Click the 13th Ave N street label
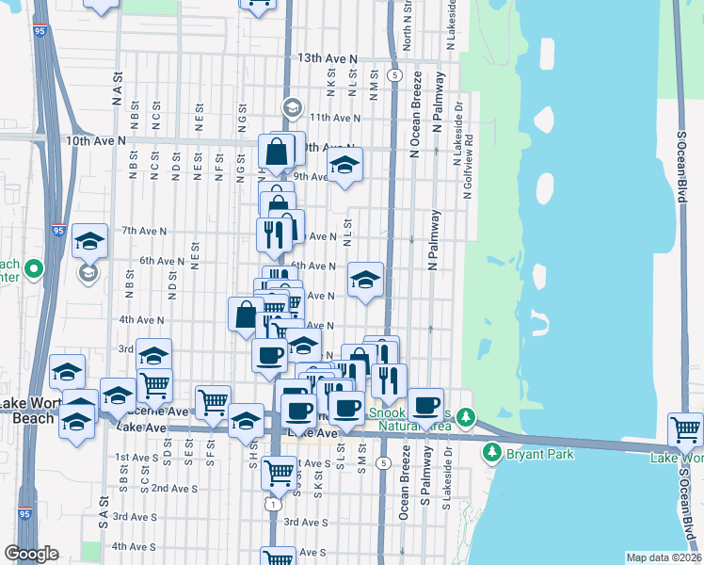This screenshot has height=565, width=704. (x=328, y=58)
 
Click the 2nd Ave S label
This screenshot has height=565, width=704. (x=174, y=489)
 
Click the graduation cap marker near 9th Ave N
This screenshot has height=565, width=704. (x=344, y=165)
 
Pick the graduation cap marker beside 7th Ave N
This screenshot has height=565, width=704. (x=89, y=240)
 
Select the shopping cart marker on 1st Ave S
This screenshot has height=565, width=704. (x=279, y=472)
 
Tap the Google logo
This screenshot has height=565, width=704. (x=31, y=554)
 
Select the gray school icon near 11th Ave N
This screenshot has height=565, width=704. (x=291, y=107)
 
